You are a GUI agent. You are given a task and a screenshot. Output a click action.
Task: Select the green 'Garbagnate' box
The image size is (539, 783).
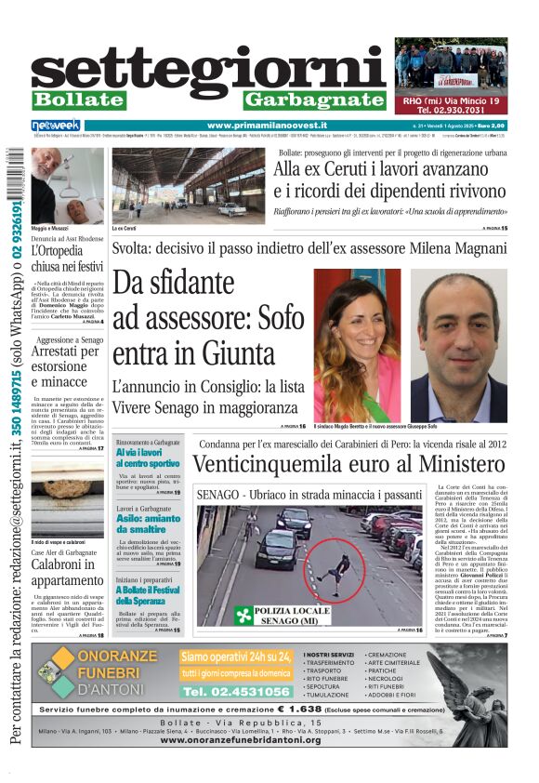click(x=313, y=100)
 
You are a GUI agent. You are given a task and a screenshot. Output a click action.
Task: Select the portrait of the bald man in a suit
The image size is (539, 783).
click(x=458, y=346)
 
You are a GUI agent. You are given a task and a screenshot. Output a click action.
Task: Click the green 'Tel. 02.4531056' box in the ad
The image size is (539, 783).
click(x=237, y=692)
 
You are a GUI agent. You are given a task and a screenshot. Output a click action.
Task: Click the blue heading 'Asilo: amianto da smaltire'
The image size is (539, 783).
click(x=148, y=523)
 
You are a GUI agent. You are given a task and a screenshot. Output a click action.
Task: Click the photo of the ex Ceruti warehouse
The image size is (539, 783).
click(x=187, y=185)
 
